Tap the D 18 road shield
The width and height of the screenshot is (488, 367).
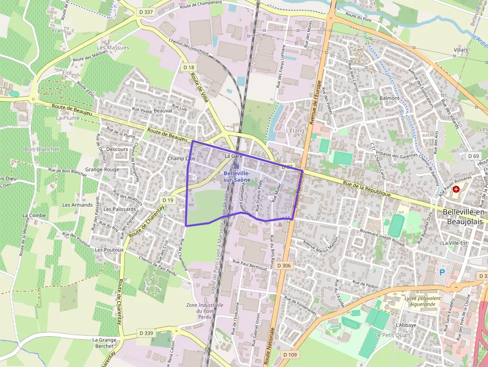point(189,67)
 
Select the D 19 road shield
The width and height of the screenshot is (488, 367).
point(169,200)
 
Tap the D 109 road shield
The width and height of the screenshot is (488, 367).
point(289,355)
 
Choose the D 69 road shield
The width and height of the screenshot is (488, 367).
point(474,156)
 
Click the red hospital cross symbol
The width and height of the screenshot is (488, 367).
point(456,190)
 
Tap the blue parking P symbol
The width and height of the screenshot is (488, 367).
point(442,272)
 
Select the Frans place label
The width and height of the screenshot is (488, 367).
point(59,30)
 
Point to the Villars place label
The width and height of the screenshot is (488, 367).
point(461,50)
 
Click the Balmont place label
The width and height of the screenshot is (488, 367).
point(389,98)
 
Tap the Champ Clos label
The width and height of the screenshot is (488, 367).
point(181,158)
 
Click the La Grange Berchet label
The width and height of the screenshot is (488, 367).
point(105,343)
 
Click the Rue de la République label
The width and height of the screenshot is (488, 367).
point(367,188)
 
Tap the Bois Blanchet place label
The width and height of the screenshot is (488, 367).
point(42,149)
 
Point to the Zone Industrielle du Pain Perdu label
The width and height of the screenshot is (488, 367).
point(205,311)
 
